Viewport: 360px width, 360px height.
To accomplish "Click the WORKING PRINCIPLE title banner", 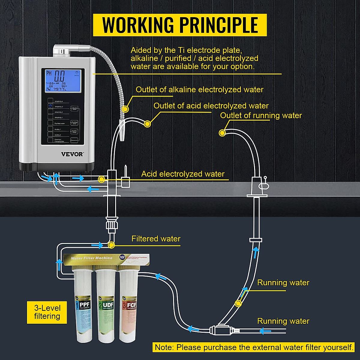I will (180, 25).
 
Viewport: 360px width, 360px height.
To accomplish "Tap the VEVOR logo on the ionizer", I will (72, 154).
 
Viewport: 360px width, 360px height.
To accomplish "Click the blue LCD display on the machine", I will (63, 80).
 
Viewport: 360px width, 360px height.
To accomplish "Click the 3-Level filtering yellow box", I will (47, 312).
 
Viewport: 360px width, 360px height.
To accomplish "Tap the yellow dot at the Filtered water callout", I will (111, 245).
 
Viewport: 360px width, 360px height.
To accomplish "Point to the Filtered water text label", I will (156, 239).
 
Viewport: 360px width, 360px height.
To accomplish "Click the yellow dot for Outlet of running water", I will (222, 133).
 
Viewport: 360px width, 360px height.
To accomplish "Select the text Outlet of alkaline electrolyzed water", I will (199, 90).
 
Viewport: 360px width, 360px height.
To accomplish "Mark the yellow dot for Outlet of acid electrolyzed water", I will (147, 124).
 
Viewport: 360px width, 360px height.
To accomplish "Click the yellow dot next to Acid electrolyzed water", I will (101, 179).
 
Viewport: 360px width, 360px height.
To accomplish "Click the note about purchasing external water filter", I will (254, 347).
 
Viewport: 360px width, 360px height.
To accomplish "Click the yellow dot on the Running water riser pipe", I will (238, 304).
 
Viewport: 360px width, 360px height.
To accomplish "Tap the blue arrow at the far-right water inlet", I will (265, 331).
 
